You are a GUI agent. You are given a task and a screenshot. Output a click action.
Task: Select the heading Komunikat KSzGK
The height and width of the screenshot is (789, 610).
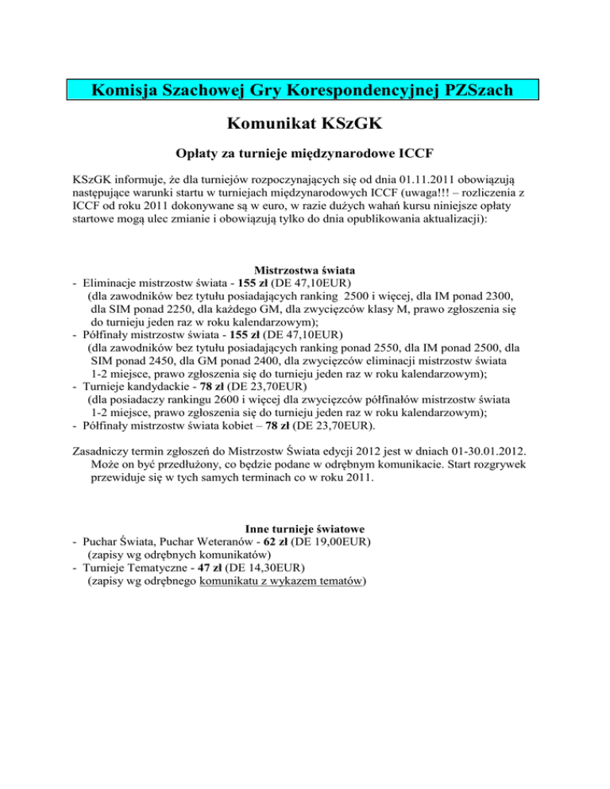(x=304, y=125)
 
